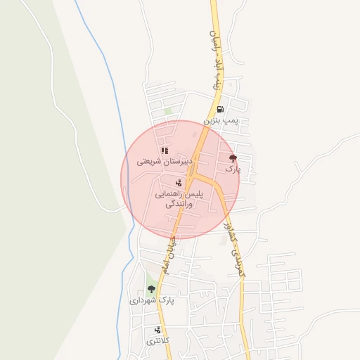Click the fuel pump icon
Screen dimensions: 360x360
220,109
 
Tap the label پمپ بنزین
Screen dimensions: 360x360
221,121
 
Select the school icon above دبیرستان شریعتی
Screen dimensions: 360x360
164,150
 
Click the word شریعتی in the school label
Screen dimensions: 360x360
147,161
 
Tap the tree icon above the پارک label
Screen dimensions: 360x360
233,157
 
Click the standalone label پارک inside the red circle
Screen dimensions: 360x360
233,169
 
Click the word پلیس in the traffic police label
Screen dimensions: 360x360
198,193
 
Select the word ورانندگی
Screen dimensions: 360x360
179,205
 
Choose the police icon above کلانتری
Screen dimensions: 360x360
157,329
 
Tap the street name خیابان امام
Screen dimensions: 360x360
169,255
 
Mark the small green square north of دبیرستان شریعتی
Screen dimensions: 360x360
168,110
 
